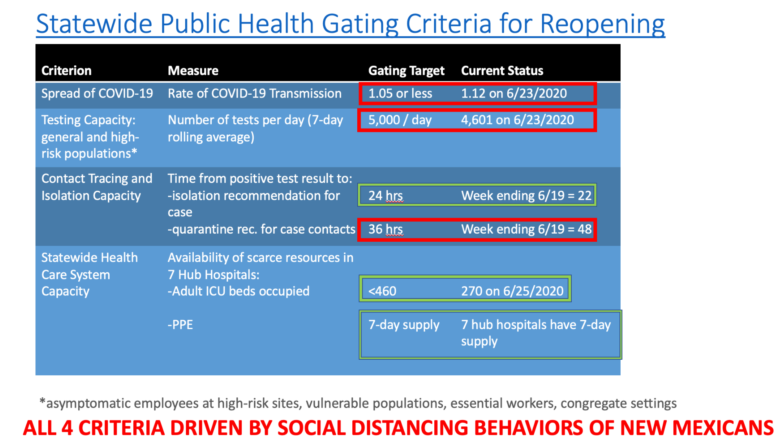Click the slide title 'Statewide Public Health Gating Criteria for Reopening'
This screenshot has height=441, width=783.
351,24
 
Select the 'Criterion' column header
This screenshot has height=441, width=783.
66,71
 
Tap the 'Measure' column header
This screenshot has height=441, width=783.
193,71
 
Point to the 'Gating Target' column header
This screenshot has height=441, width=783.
406,71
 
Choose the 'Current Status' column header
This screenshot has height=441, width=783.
502,71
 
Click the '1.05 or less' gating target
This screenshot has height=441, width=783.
400,94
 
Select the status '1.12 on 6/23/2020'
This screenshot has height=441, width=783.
514,94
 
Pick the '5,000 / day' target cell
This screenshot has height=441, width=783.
400,120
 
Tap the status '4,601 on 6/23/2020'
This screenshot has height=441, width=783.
518,120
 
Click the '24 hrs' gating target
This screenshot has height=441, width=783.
386,196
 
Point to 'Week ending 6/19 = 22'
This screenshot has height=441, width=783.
526,196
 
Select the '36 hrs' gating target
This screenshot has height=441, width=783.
386,229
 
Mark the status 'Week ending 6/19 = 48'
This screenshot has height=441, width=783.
526,229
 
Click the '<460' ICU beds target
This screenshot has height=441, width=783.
382,291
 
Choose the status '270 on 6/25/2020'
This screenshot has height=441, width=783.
512,291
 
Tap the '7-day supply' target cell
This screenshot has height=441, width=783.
404,325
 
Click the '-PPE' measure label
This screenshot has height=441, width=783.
180,325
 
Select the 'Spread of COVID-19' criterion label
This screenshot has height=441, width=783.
97,94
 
